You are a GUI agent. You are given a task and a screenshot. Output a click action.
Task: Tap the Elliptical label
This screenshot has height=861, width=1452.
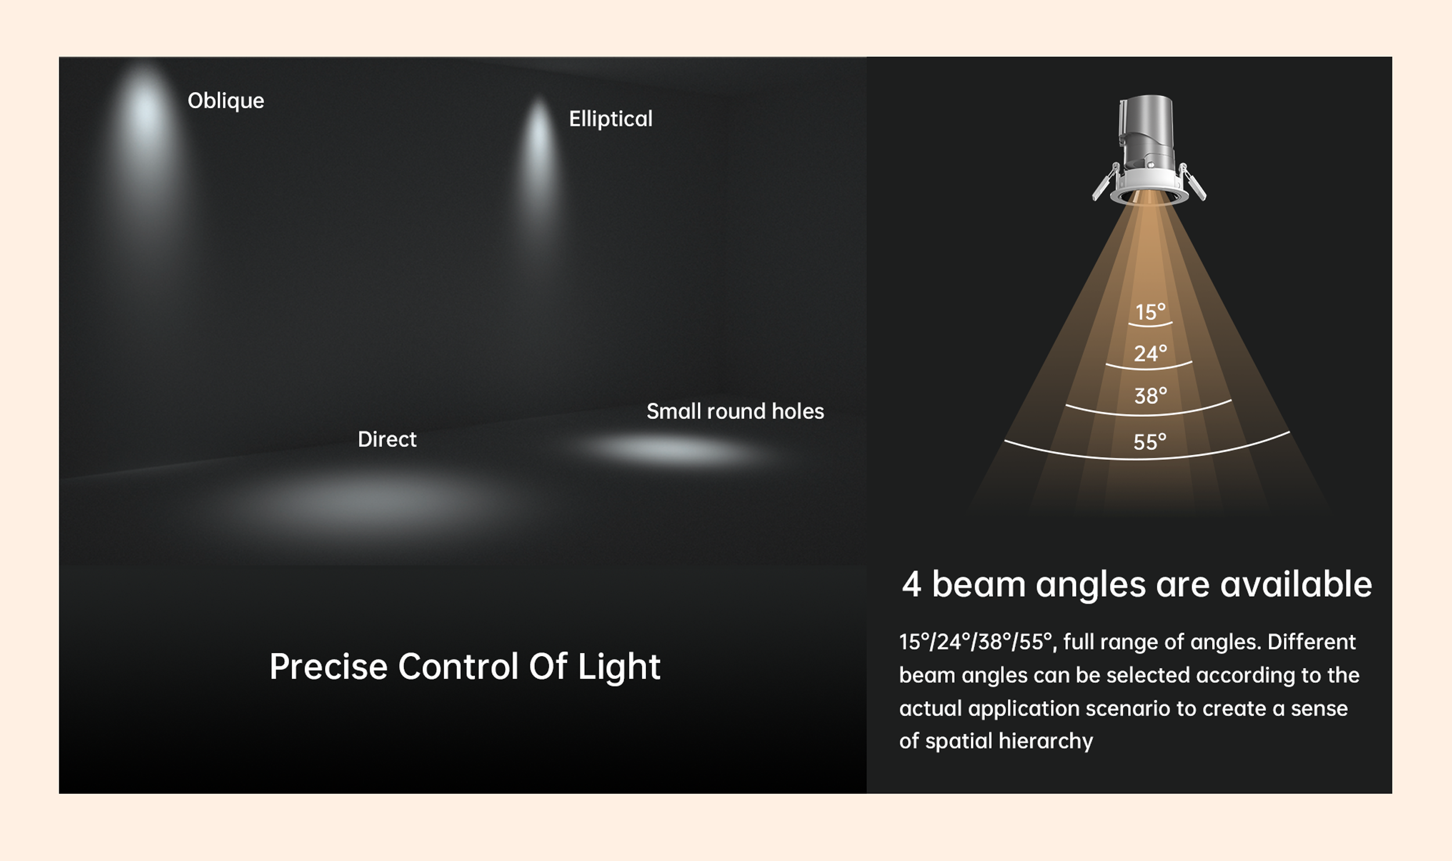611,120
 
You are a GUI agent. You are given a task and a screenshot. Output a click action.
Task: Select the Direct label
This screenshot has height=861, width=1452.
387,439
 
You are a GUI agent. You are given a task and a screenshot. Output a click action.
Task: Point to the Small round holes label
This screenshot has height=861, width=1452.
735,412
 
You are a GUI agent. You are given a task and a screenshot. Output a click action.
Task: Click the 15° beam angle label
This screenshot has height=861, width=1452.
1151,312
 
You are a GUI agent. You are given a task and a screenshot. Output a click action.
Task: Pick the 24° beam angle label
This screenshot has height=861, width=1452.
1151,354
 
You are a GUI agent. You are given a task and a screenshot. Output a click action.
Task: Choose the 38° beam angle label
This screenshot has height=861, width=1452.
1151,396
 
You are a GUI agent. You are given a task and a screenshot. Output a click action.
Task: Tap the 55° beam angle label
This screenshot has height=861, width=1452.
1150,442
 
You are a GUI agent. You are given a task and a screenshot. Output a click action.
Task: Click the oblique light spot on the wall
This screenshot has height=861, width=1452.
145,134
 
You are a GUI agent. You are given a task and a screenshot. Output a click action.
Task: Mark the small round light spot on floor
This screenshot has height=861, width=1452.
674,451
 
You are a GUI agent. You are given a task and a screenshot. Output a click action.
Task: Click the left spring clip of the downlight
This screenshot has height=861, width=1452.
1105,182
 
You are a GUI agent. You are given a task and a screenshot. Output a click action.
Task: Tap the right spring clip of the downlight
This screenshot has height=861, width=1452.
1192,182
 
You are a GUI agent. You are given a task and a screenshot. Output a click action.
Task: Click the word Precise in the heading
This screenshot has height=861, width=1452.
329,667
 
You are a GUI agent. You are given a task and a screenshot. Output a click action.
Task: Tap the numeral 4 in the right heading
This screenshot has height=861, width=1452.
912,584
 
